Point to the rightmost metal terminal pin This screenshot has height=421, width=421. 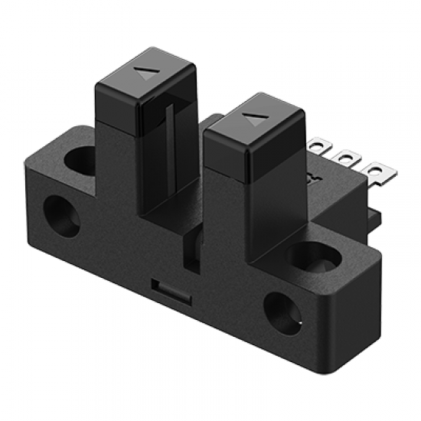(374, 170)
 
